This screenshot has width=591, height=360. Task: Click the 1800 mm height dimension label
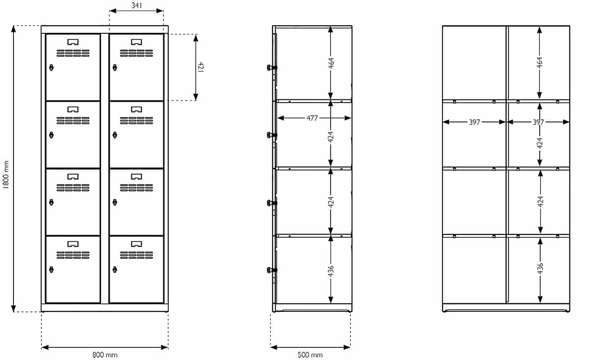(6, 175)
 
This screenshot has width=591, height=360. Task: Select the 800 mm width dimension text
(105, 355)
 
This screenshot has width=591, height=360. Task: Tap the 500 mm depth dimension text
(310, 355)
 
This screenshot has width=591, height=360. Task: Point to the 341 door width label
(137, 5)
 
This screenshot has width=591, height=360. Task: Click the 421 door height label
(201, 67)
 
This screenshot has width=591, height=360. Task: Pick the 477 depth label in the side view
(312, 118)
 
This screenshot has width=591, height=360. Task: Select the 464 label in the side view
(331, 63)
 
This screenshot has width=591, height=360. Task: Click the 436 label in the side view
(331, 271)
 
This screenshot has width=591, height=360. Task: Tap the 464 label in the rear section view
(540, 62)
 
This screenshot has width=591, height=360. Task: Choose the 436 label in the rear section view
(540, 268)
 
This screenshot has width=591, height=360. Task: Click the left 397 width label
(474, 122)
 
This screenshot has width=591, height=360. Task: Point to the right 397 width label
(538, 122)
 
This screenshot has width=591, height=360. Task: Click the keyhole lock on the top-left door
(51, 67)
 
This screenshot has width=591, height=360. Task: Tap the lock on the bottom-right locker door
(115, 270)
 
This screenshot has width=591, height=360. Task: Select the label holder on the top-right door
(136, 42)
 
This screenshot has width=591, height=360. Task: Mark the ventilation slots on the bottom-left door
(73, 255)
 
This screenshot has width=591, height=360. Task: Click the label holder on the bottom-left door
(73, 244)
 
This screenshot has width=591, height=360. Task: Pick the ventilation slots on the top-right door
(136, 53)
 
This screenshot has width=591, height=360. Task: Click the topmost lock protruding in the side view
(272, 67)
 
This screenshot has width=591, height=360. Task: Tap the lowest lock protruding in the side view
(272, 270)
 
